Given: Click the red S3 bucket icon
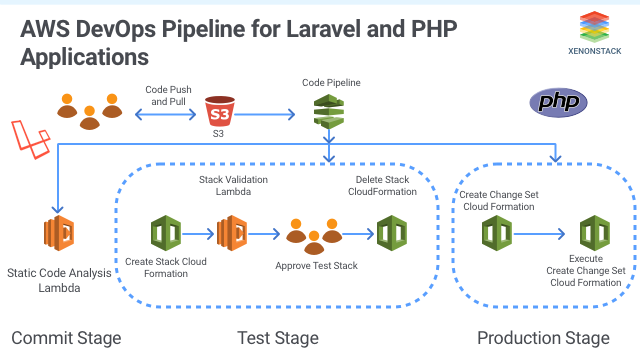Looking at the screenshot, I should (x=218, y=110).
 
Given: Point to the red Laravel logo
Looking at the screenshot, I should (x=30, y=135).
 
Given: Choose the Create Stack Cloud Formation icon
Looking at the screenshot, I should (x=164, y=235).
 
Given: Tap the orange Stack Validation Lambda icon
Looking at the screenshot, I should (x=232, y=236).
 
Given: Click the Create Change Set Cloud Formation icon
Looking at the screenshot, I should (x=496, y=236).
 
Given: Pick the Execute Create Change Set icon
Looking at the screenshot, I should (x=596, y=236).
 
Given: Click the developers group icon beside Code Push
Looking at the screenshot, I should (x=90, y=112).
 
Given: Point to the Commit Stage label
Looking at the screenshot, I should (x=66, y=337).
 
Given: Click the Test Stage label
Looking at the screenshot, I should (x=278, y=337).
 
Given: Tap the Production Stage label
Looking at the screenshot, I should (x=542, y=337).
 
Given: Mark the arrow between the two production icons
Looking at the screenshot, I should (x=546, y=237).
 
